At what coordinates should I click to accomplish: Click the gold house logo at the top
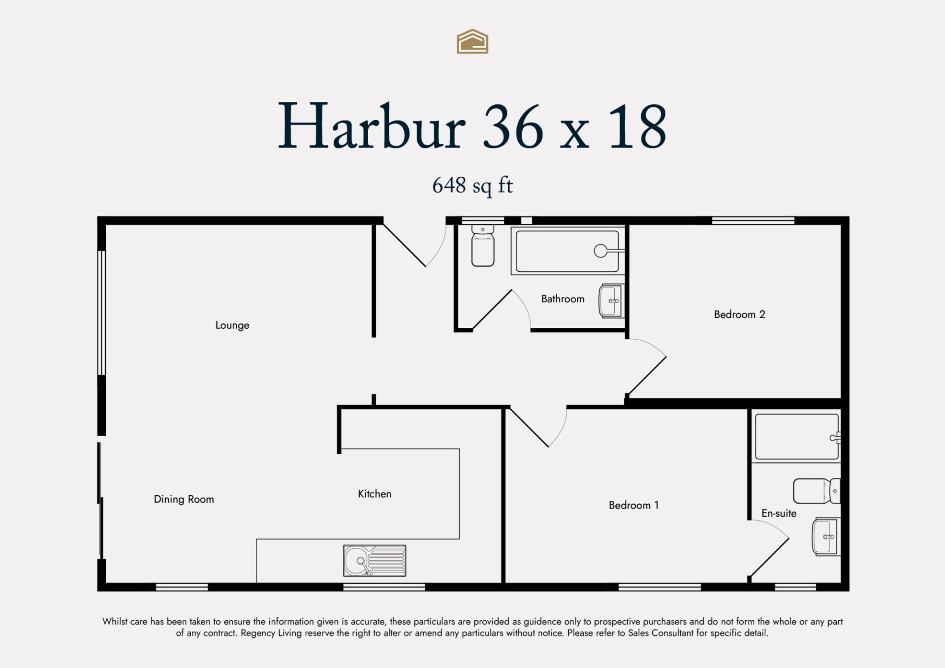coord(472,41)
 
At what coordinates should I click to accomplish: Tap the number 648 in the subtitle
coord(449,185)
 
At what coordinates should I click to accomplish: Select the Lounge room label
coord(232,325)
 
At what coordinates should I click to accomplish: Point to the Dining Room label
coord(184,499)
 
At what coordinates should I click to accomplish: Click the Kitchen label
coord(375,494)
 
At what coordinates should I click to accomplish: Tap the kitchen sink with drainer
coord(375,561)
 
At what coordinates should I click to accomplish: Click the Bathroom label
coord(563,299)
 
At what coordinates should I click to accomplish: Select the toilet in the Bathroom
coord(483,246)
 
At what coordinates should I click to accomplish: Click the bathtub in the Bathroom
coord(568,251)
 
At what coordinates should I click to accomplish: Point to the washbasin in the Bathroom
coord(611,301)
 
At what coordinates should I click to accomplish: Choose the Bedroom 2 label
coord(740,315)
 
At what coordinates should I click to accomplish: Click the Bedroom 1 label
coord(633,505)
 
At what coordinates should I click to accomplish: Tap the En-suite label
coord(779,513)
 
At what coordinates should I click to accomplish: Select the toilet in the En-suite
coord(817,491)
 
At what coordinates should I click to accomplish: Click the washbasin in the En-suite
coord(826,537)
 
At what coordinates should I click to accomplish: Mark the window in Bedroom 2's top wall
coord(753,221)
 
